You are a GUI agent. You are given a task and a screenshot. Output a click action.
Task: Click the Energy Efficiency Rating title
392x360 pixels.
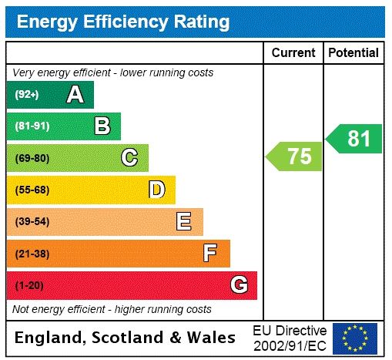click(x=123, y=22)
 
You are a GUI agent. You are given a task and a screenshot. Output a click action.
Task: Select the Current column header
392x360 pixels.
click(x=293, y=53)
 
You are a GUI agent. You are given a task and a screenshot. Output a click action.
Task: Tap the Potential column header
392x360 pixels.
click(x=353, y=53)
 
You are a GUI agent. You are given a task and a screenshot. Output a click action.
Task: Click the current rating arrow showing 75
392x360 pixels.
click(x=296, y=156)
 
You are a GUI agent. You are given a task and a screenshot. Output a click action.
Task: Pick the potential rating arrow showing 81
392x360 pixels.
click(x=355, y=139)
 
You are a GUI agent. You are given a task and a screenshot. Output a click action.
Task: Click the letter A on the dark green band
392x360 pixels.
click(x=75, y=95)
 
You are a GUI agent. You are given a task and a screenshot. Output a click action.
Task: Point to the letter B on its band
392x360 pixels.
click(x=102, y=126)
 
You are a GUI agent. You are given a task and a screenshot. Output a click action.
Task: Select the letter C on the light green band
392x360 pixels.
click(x=129, y=158)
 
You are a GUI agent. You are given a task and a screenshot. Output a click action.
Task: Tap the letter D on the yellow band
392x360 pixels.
click(x=156, y=190)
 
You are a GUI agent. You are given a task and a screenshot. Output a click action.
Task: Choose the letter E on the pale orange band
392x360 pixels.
click(x=184, y=222)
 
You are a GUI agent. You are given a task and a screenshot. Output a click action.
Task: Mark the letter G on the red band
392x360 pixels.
click(x=239, y=286)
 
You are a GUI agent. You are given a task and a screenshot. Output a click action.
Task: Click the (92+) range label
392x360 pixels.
click(x=27, y=95)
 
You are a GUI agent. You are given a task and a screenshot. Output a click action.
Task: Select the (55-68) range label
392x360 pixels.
click(x=32, y=190)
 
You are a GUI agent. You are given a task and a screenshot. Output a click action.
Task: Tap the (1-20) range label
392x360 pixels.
click(x=29, y=286)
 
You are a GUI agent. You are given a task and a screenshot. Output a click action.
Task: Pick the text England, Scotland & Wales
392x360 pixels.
click(x=126, y=338)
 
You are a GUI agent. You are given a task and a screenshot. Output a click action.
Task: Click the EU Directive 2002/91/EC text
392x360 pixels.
click(x=290, y=338)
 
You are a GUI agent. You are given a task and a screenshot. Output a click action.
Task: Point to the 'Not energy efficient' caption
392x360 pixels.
click(x=112, y=309)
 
